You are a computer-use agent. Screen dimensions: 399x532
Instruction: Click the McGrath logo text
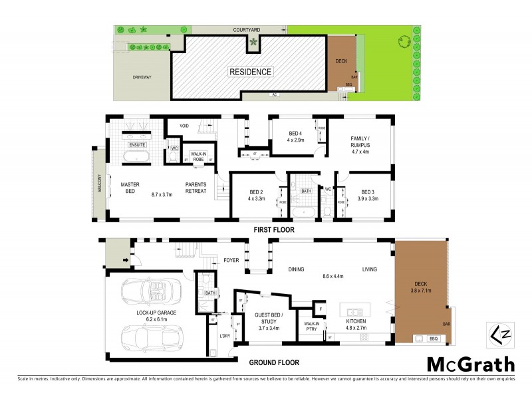coord(470,364)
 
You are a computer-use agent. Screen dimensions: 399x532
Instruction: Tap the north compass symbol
coord(497,332)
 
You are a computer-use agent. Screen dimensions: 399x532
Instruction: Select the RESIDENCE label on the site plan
coord(250,72)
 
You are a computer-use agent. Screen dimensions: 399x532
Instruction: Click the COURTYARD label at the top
coord(246,30)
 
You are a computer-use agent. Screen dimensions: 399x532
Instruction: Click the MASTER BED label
coord(127,188)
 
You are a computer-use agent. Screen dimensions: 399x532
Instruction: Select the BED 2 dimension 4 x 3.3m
coord(257,198)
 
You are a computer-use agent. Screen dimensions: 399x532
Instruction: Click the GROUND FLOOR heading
coord(273,363)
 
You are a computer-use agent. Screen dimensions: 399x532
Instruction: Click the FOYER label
coord(231,261)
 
